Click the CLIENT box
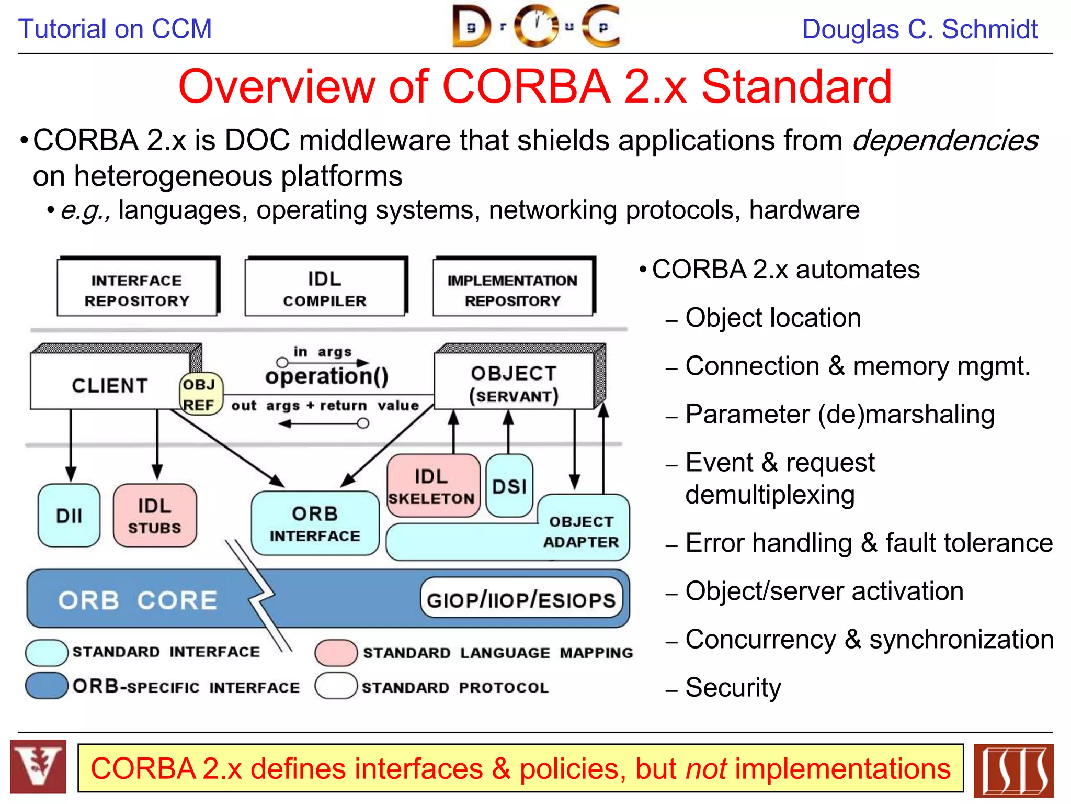[x=110, y=385]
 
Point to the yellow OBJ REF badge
[x=200, y=394]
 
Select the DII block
[x=69, y=516]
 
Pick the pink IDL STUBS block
[x=155, y=516]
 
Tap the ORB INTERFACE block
[x=315, y=523]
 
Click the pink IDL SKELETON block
[x=432, y=486]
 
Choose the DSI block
[x=509, y=486]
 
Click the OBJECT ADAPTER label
[x=581, y=531]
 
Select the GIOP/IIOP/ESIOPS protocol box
[x=521, y=599]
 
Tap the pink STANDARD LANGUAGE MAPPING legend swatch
[x=336, y=653]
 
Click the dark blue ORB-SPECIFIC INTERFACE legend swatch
[x=47, y=686]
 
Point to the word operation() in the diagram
[x=327, y=376]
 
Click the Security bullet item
[x=733, y=687]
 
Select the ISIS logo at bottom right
[x=1013, y=770]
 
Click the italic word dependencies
[x=945, y=140]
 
